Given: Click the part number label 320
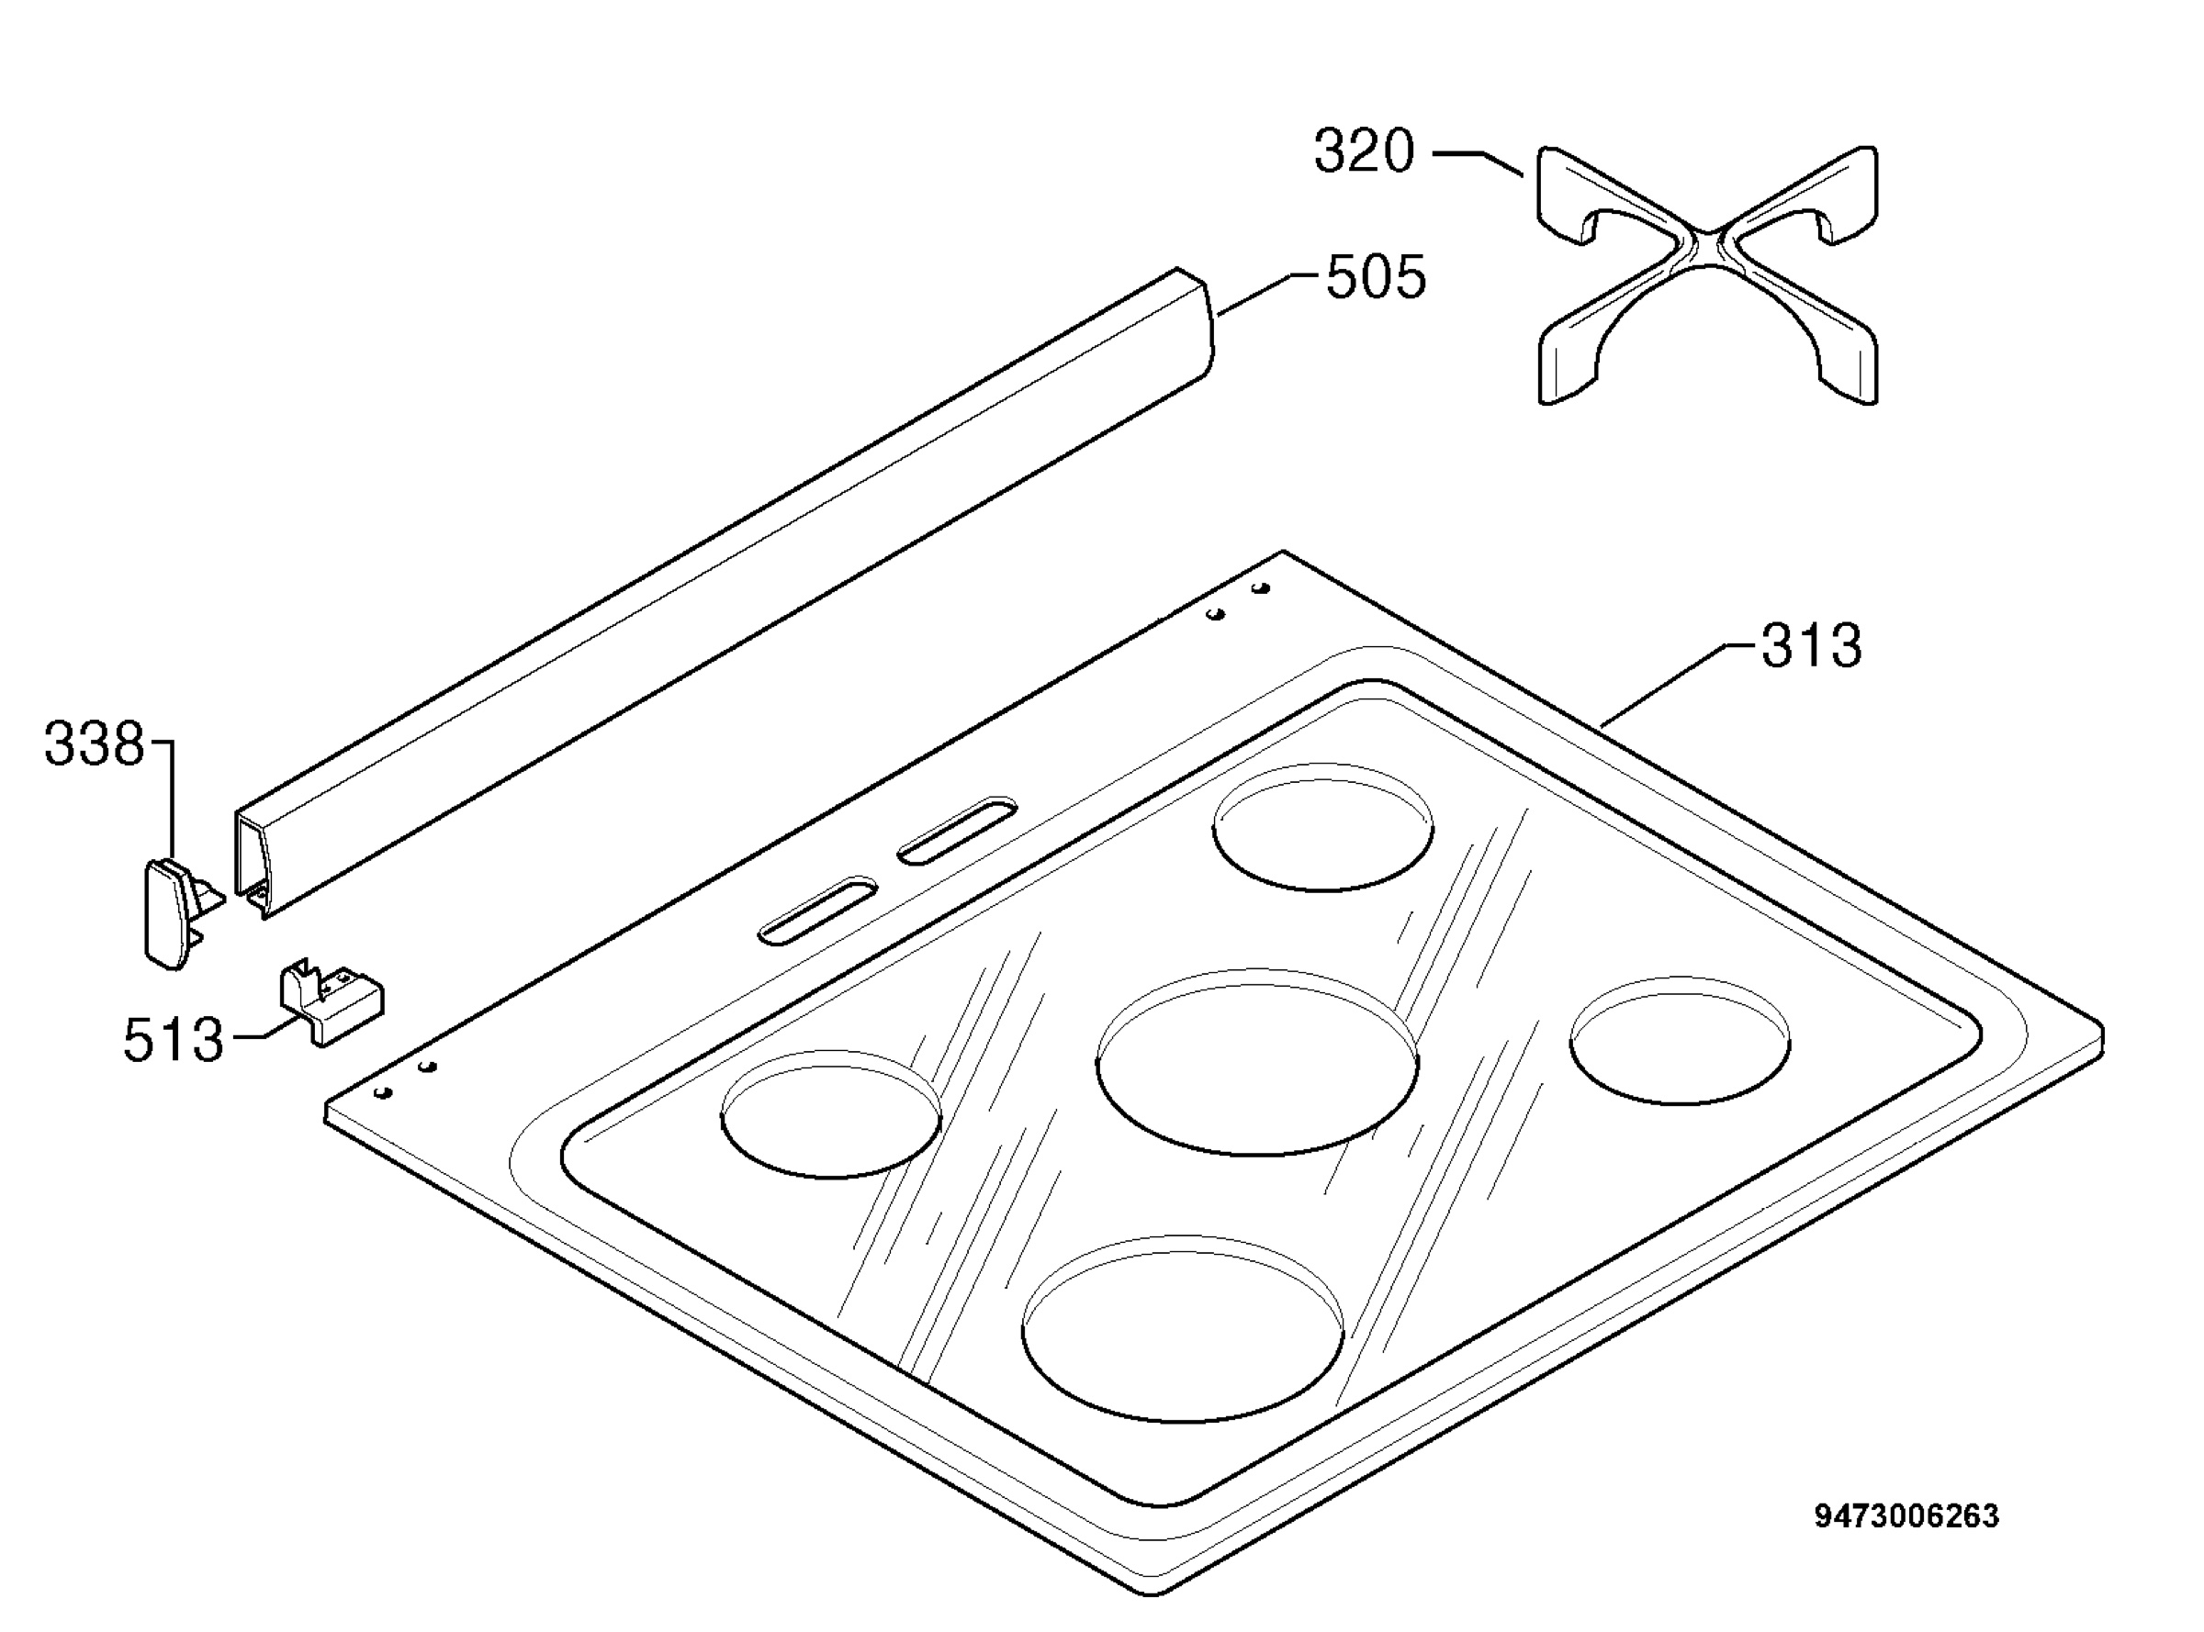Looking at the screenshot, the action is (x=1364, y=152).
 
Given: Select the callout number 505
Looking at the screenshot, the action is (x=1376, y=276).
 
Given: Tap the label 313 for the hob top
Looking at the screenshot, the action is (x=1812, y=645).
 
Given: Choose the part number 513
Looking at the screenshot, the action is (x=174, y=1040).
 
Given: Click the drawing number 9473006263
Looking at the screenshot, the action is (x=1906, y=1516).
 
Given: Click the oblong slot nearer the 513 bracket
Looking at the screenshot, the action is (x=817, y=910).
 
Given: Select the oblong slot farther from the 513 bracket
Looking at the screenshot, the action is (x=957, y=831).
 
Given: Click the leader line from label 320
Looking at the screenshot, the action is (x=1478, y=163).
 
